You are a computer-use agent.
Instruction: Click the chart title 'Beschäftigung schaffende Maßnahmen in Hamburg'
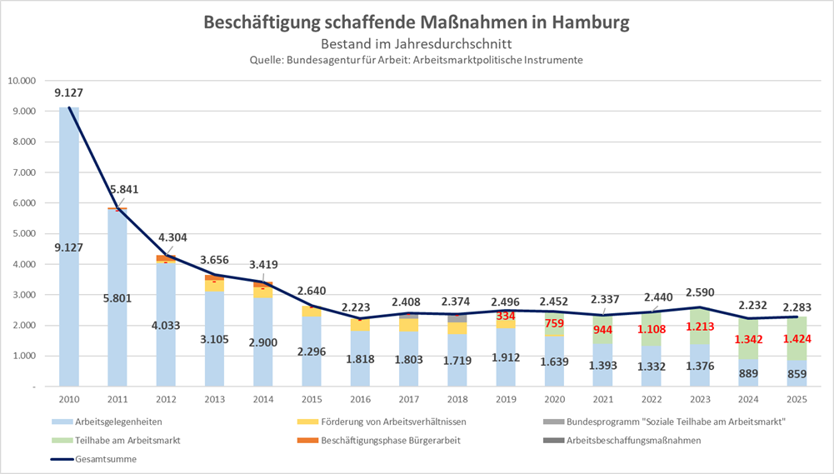coord(416,22)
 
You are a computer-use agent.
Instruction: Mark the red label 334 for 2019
coord(505,317)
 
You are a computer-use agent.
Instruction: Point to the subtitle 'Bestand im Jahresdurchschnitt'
coord(416,43)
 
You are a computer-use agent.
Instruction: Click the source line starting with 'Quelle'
coord(416,60)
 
